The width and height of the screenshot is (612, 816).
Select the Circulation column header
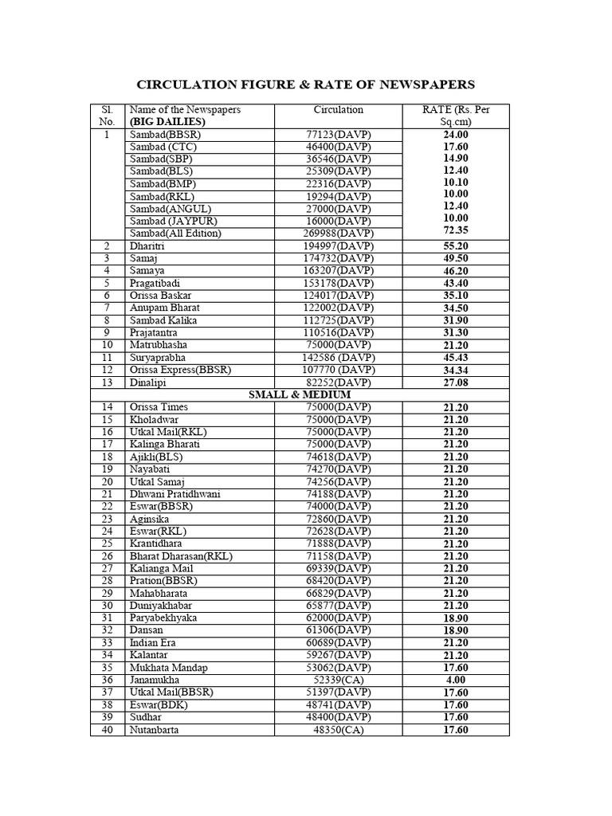tap(338, 110)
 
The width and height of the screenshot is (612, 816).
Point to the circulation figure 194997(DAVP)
tap(339, 245)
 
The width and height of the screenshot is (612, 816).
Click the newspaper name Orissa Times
tap(159, 407)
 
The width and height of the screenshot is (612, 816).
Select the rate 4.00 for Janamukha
tap(456, 680)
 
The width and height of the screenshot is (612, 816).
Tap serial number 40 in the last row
tap(108, 730)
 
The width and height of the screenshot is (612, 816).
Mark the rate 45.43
tap(456, 358)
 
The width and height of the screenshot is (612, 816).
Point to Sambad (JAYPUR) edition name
tap(173, 221)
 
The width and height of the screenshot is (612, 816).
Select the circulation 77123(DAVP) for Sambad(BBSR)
tap(339, 134)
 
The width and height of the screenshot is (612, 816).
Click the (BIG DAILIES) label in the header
tap(167, 122)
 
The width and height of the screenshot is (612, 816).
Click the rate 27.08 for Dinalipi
tap(456, 382)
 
